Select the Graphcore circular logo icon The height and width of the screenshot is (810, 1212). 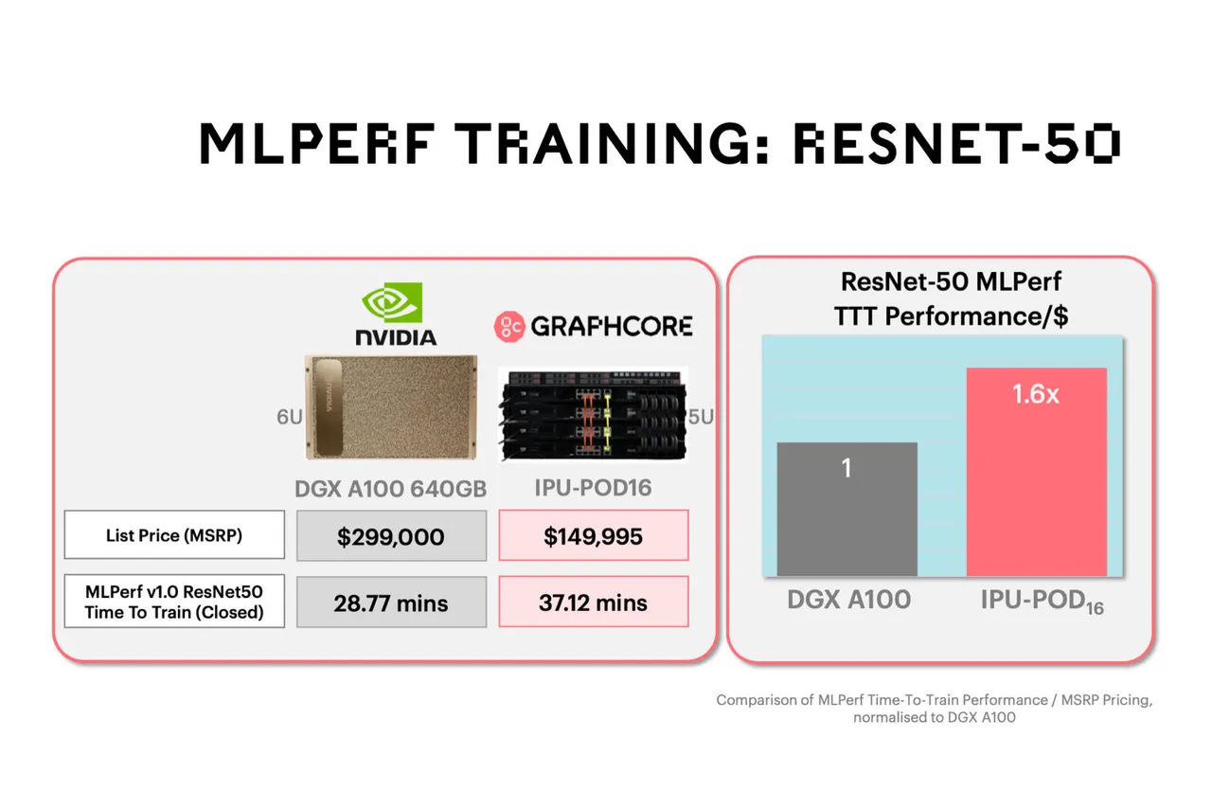point(508,327)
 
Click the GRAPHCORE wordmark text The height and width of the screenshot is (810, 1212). point(611,327)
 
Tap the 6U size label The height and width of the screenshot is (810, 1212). point(289,418)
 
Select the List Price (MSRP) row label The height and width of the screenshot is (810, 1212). point(174,535)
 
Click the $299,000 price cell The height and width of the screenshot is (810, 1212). point(391,536)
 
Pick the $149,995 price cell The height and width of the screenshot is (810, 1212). point(593,536)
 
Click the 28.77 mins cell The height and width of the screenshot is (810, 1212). point(391,603)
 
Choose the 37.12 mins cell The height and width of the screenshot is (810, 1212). point(593,603)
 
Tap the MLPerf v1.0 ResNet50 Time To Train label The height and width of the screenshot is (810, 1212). point(174,602)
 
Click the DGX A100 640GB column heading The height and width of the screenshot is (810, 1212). point(391,489)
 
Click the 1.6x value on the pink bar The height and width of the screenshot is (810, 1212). point(1036,394)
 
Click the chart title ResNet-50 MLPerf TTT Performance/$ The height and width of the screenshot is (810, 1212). point(951,298)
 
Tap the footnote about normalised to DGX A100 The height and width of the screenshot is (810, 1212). point(934,709)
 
